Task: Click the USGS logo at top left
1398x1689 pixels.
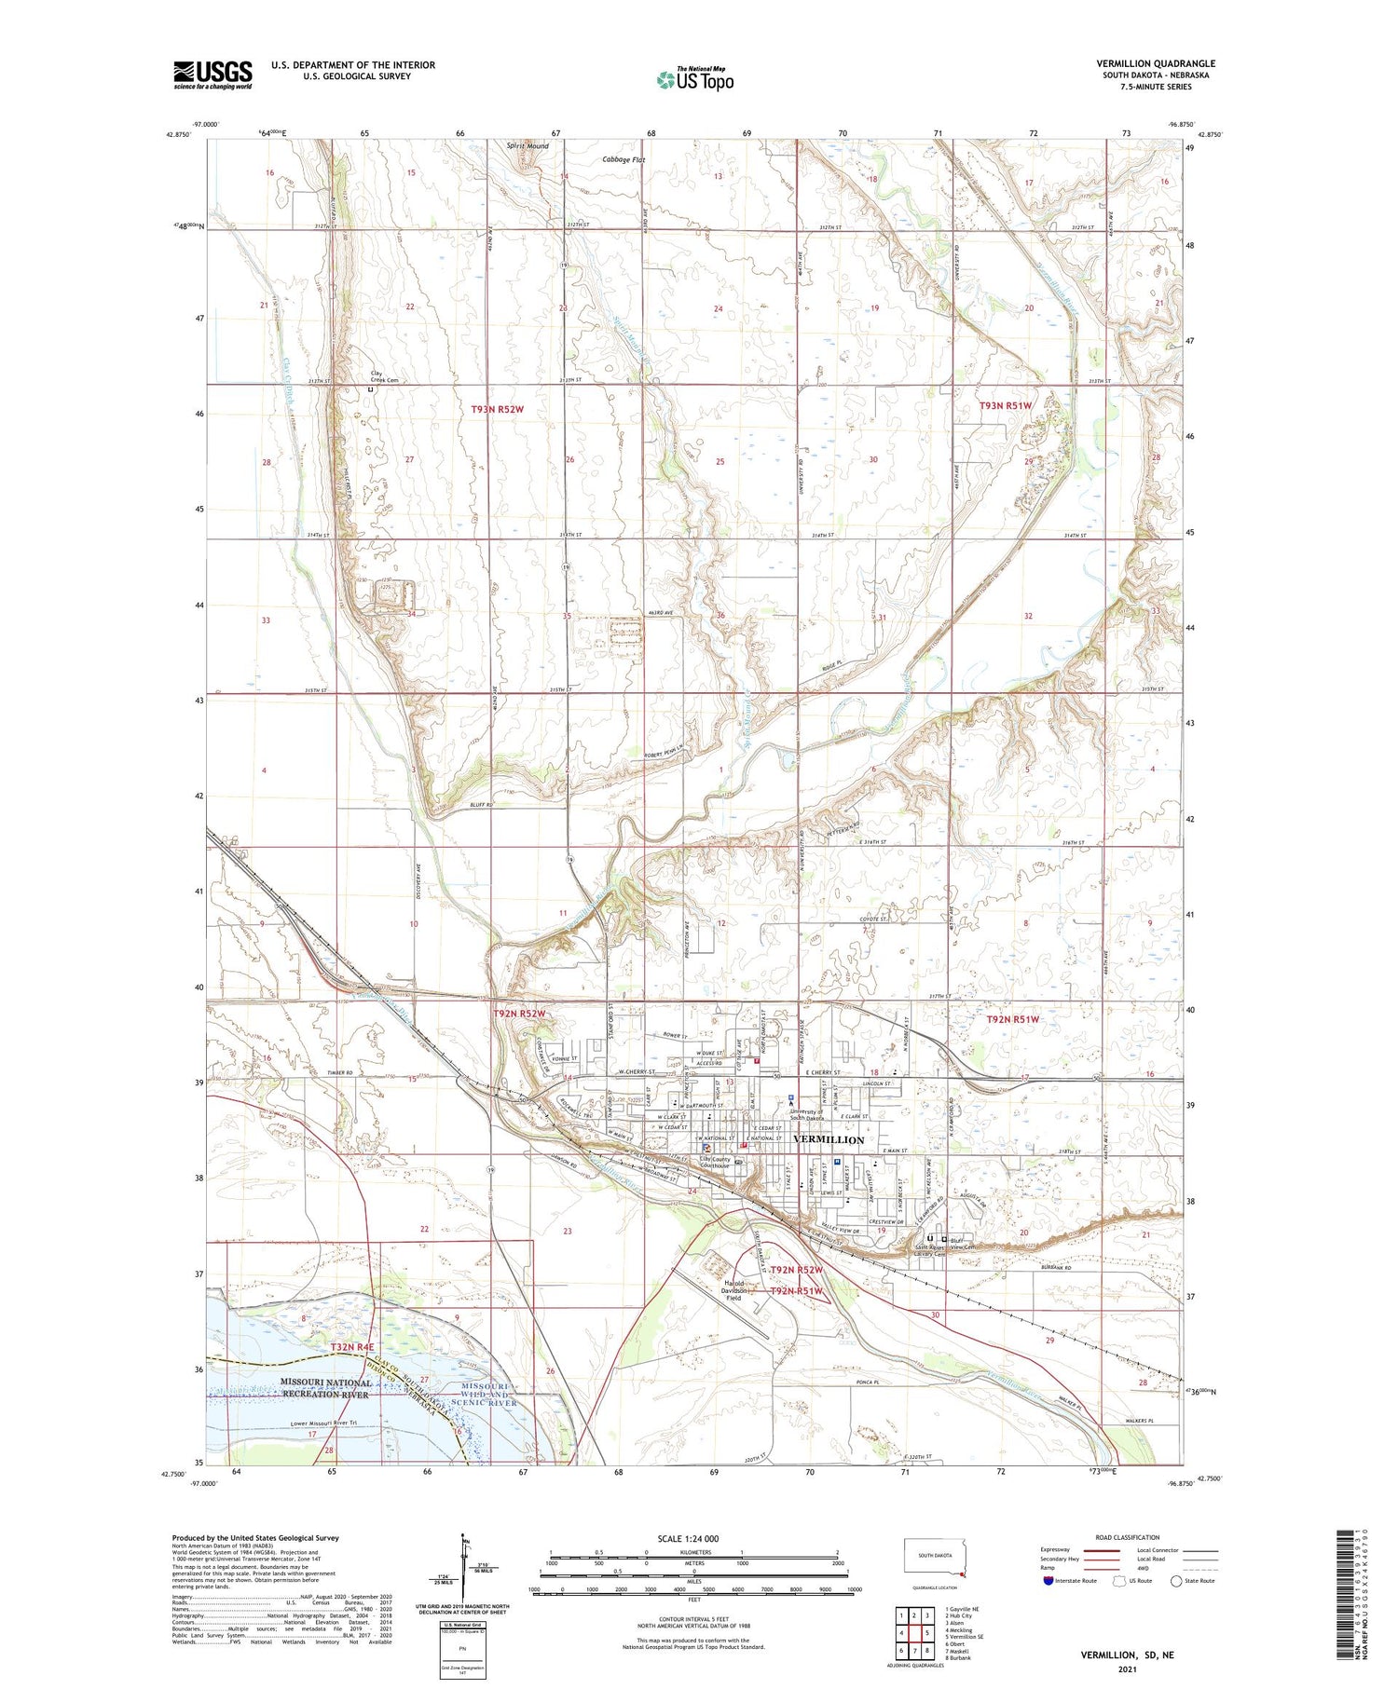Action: pyautogui.click(x=212, y=75)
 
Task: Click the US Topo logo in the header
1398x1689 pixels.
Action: pyautogui.click(x=694, y=80)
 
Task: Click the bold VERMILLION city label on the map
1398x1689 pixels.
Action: pyautogui.click(x=828, y=1139)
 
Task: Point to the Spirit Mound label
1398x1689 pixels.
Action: pyautogui.click(x=527, y=146)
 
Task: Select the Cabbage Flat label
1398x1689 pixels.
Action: pyautogui.click(x=624, y=160)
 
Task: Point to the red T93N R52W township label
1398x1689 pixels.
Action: pyautogui.click(x=501, y=409)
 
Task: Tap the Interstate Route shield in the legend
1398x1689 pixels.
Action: pyautogui.click(x=1048, y=1581)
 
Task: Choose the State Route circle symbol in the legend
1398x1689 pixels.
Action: pyautogui.click(x=1175, y=1581)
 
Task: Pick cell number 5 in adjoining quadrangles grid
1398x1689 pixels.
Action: pyautogui.click(x=926, y=1632)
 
